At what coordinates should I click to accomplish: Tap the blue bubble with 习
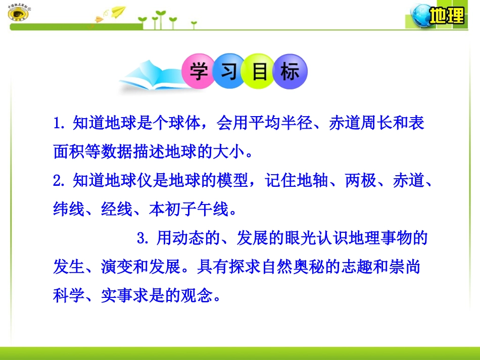click(229, 72)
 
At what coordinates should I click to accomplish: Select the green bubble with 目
click(260, 72)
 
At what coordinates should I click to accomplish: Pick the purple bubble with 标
click(290, 72)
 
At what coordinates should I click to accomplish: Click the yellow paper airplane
click(118, 11)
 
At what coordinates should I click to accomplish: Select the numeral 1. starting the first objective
click(60, 123)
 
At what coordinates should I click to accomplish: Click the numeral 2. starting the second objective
click(60, 181)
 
